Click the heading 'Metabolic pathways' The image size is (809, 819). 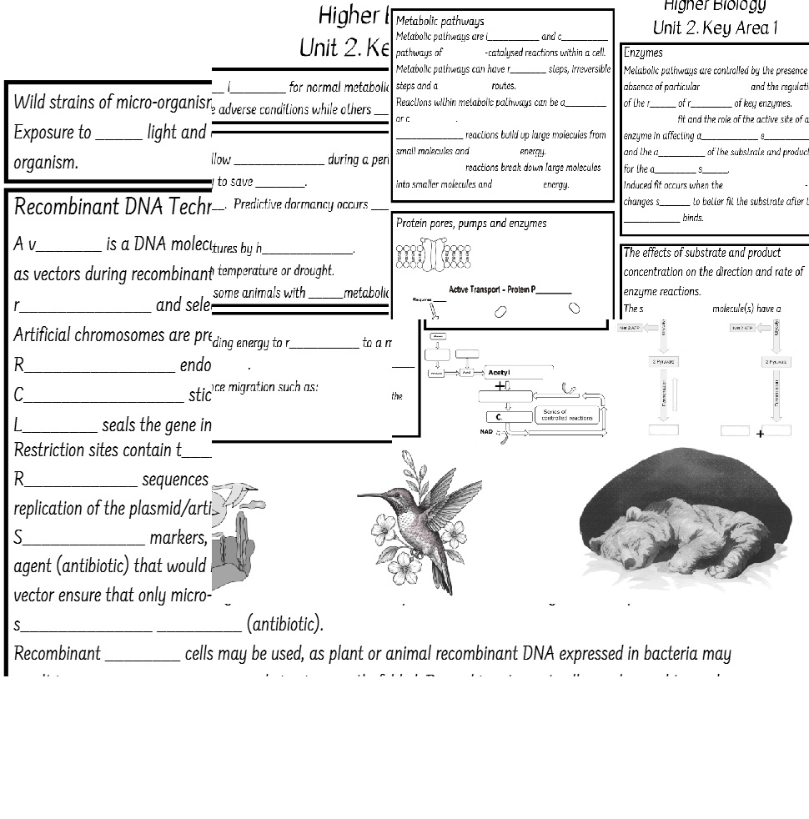click(440, 22)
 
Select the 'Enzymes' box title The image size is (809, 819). click(643, 53)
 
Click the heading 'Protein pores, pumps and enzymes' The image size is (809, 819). click(471, 224)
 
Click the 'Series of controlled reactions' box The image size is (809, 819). click(567, 415)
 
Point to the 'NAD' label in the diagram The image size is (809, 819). click(486, 432)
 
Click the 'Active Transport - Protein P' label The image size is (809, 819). click(510, 289)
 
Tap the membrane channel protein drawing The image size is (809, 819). click(434, 254)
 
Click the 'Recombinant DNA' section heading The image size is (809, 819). click(113, 208)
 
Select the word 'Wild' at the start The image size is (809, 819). click(29, 103)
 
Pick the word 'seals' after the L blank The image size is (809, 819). click(119, 425)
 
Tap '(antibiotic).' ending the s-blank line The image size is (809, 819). click(284, 625)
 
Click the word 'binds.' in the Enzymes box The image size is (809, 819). click(692, 218)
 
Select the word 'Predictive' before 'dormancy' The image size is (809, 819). click(258, 204)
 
